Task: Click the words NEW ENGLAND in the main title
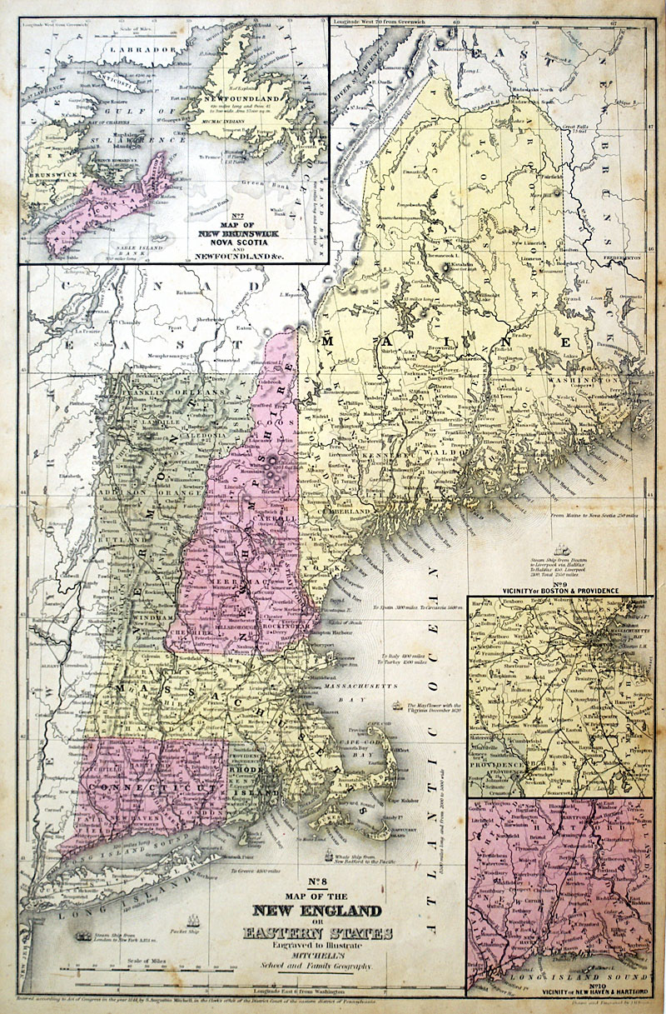pyautogui.click(x=311, y=912)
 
